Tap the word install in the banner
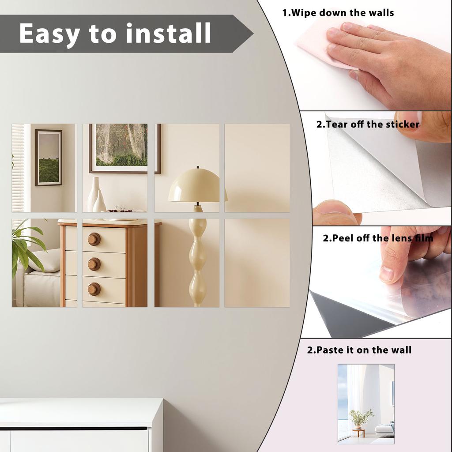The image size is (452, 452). point(169,34)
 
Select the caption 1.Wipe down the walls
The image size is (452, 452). point(338,13)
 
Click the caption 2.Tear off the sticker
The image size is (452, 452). point(368,124)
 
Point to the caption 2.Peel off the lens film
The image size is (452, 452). point(378,238)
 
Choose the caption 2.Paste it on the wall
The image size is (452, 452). point(359,350)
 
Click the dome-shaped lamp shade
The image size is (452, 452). point(197,185)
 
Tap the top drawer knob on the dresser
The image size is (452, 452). point(94,239)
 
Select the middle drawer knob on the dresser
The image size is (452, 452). point(94,264)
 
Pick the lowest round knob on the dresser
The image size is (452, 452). point(94,289)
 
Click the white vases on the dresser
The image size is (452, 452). point(96,196)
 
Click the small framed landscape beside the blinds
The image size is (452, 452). point(49,158)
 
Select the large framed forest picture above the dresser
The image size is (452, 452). point(124,148)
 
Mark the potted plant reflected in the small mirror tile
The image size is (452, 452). point(360,417)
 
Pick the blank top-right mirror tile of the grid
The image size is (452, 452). point(257,168)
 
